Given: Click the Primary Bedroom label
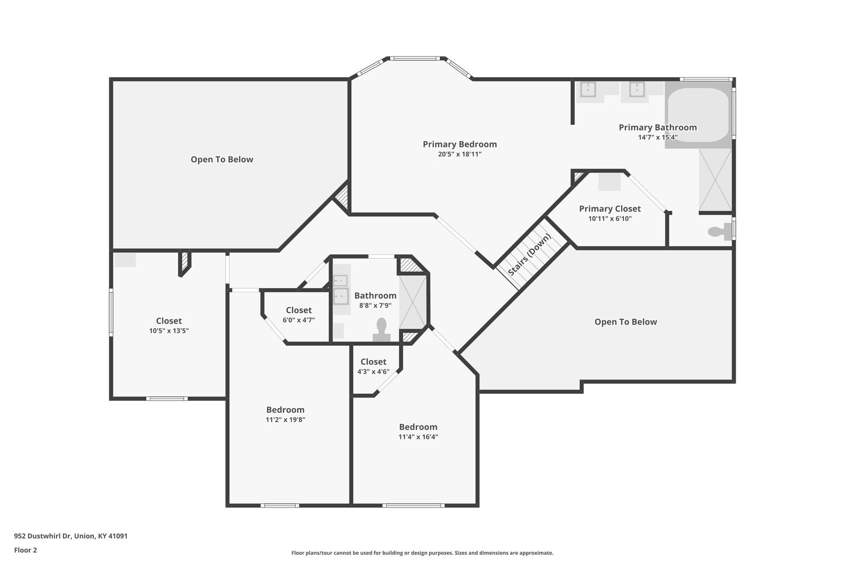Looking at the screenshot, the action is pos(459,144).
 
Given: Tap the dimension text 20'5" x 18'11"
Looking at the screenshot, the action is pos(459,154).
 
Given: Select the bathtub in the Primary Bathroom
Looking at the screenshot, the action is pos(698,115).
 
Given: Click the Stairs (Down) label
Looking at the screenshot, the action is pos(530,254).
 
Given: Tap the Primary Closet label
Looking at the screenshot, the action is pos(609,209).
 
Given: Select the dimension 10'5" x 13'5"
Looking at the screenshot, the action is pos(168,331).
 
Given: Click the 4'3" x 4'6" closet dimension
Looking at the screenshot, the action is pos(373,372).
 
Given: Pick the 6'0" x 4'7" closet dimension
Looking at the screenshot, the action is pos(298,320).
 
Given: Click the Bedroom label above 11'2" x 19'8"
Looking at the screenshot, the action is pos(285,410).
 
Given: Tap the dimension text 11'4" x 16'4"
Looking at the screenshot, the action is pos(418,437).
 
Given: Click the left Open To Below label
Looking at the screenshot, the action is pos(222,159).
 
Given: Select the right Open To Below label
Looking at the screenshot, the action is pos(625,322).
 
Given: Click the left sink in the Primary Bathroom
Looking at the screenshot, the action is pos(588,89).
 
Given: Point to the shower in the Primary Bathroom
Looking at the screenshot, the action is pos(715,180).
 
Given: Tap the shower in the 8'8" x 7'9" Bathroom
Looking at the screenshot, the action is pos(412,302).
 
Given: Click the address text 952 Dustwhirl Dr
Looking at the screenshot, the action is pos(43,536).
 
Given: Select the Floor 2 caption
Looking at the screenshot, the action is pos(26,550).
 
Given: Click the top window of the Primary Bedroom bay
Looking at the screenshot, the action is pos(415,59).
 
